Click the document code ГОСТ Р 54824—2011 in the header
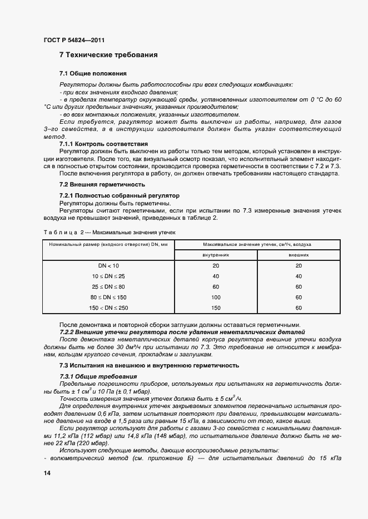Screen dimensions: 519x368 click(x=73, y=41)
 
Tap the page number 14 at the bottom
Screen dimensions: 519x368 click(x=46, y=473)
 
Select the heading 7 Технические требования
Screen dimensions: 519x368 click(x=108, y=55)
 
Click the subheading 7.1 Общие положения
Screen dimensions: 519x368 click(x=93, y=73)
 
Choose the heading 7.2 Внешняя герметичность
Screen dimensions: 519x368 click(x=102, y=184)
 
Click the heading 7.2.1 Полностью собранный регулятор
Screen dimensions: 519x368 click(x=119, y=196)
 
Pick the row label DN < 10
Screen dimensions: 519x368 click(x=108, y=266)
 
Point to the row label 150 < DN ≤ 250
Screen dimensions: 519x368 click(x=108, y=308)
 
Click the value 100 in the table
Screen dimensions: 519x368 click(x=216, y=297)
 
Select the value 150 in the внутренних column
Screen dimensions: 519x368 click(x=216, y=308)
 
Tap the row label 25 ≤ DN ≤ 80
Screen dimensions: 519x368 click(x=108, y=286)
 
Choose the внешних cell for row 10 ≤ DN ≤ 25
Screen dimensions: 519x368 click(x=299, y=276)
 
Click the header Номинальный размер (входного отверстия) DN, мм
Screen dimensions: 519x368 click(x=108, y=244)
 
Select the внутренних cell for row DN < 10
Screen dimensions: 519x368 click(x=216, y=266)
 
